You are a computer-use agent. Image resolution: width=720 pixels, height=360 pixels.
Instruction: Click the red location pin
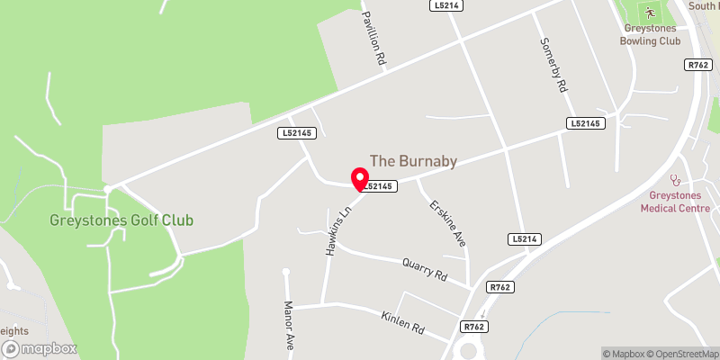tap(359, 178)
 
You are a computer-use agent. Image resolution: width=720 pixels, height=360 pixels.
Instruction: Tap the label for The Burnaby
tap(414, 161)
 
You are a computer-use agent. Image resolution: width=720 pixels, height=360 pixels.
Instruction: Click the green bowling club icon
tap(650, 13)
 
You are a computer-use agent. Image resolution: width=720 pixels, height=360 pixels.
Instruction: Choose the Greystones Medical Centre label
tap(675, 202)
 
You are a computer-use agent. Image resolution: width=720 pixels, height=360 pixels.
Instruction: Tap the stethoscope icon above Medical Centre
tap(675, 181)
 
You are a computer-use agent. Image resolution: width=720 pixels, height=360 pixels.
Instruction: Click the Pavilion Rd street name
tap(373, 37)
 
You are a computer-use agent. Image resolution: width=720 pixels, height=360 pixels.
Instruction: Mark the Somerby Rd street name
tap(553, 65)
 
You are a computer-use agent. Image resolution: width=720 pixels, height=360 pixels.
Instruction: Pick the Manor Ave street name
tap(290, 325)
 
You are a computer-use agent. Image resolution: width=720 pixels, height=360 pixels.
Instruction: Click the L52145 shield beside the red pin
tap(379, 186)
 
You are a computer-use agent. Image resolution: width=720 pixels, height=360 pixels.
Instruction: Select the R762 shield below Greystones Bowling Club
tap(697, 64)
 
